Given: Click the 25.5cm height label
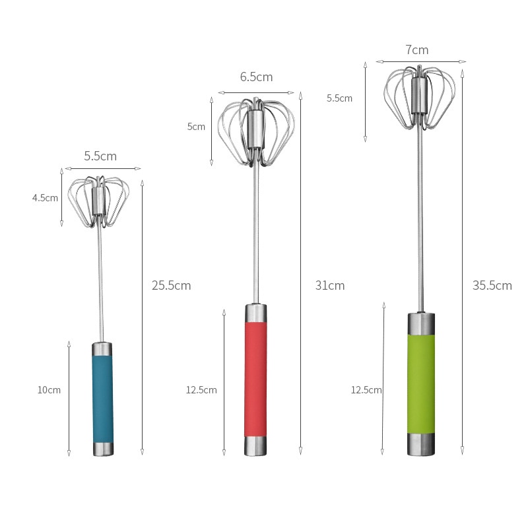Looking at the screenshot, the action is (x=171, y=286).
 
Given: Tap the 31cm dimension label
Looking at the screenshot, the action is (x=329, y=286).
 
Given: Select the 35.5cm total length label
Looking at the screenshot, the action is (x=492, y=286).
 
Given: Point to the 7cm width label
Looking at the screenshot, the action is (x=417, y=50).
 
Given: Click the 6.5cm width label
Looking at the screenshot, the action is (x=256, y=77).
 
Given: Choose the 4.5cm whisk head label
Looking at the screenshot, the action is (x=45, y=197).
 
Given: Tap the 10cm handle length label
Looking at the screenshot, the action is (x=49, y=390).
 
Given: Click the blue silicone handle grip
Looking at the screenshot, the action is (x=103, y=399).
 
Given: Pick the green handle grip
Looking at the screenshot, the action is (x=421, y=384).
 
